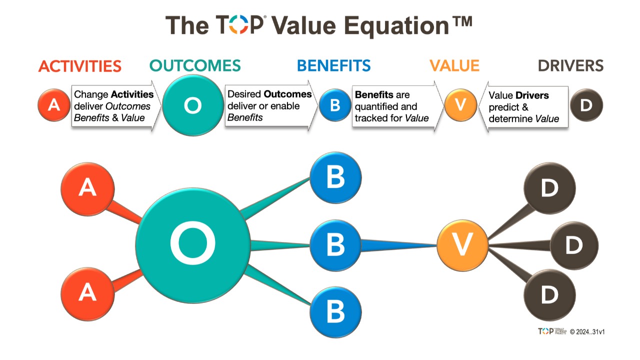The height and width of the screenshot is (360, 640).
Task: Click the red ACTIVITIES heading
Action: [x=80, y=66]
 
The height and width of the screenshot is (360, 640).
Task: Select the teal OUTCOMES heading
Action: [x=195, y=65]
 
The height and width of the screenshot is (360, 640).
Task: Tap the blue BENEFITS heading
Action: [x=333, y=65]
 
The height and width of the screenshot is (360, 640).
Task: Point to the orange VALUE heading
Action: [x=454, y=65]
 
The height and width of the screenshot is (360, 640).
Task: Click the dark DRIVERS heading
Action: [x=570, y=65]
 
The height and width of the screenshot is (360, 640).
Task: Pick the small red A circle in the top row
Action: [x=54, y=105]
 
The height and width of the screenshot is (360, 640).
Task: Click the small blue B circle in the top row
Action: [x=335, y=105]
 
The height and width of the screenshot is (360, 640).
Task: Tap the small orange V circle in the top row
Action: [x=460, y=105]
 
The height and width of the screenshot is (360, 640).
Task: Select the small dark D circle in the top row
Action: [x=586, y=105]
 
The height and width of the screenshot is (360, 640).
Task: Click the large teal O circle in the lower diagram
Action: [x=193, y=245]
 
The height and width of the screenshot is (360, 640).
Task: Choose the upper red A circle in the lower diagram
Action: [x=87, y=189]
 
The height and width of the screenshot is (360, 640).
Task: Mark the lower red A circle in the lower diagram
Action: [x=87, y=294]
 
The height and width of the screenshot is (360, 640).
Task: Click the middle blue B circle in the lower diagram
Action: [x=335, y=245]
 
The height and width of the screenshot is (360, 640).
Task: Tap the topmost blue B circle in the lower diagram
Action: [x=335, y=177]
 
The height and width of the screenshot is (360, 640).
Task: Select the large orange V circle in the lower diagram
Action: [x=462, y=245]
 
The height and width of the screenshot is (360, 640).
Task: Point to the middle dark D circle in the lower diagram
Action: [x=574, y=245]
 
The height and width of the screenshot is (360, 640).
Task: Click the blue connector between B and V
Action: [x=399, y=245]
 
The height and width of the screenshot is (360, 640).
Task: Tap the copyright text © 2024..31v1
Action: [x=587, y=331]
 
